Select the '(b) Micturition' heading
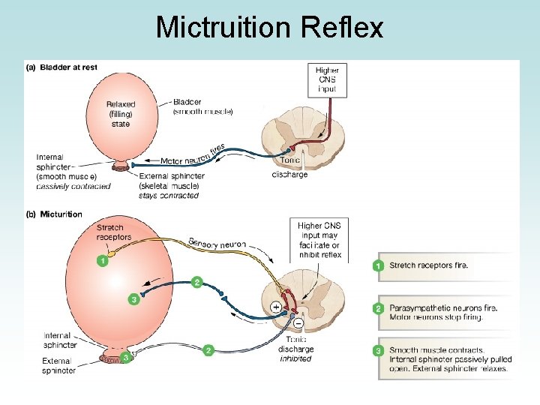tap(54, 214)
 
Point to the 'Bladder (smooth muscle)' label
tap(202, 106)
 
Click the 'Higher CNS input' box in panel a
tap(326, 79)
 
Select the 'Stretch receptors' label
tap(114, 232)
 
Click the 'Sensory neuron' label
tap(217, 244)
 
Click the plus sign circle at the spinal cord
tap(276, 307)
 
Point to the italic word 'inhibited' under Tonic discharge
tap(295, 358)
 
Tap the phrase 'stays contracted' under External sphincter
tap(169, 196)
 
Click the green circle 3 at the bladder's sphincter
tap(127, 357)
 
